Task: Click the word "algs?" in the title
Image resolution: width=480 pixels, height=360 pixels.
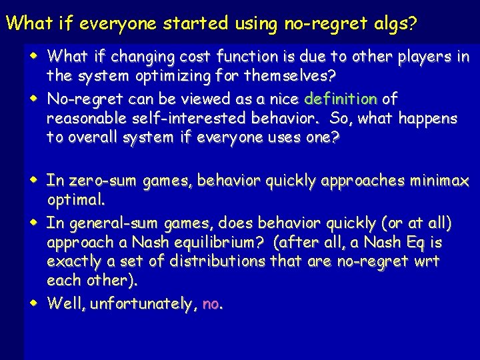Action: [x=393, y=24]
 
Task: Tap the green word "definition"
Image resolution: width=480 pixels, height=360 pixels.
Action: [x=341, y=99]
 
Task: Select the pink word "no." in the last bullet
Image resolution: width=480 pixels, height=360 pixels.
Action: [x=213, y=304]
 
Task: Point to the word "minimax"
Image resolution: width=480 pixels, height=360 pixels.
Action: [x=439, y=181]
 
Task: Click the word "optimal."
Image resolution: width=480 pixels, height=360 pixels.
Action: [x=76, y=199]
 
